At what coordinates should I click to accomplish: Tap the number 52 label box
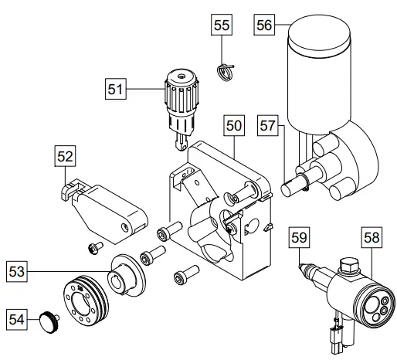[x=66, y=158]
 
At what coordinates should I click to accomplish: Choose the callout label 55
[x=222, y=25]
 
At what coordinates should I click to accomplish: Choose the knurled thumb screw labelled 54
[x=51, y=318]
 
